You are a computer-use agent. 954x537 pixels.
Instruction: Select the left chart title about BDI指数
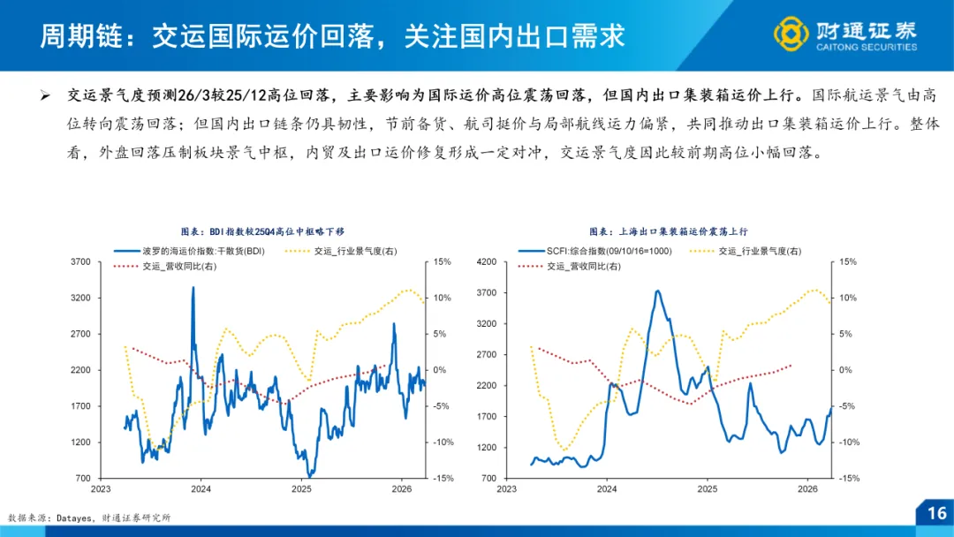point(256,231)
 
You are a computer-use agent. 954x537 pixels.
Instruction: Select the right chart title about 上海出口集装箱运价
point(669,231)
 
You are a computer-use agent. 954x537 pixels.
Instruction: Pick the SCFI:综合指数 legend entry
point(609,251)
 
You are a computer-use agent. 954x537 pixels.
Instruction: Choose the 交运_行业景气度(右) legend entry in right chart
point(761,251)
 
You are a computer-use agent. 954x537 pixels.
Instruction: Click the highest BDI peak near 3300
point(193,288)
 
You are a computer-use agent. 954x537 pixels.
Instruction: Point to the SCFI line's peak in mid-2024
point(658,291)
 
